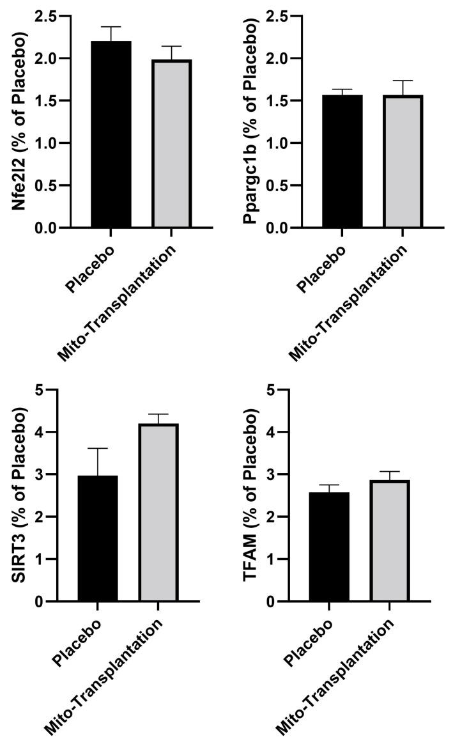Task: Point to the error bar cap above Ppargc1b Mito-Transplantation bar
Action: [x=403, y=81]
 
